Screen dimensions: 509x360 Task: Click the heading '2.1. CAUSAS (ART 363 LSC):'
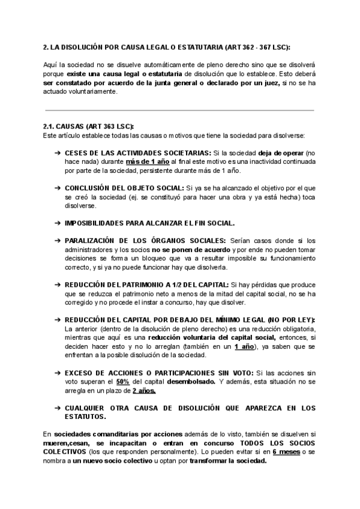coord(88,127)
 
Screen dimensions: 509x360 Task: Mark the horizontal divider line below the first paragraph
coord(180,110)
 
